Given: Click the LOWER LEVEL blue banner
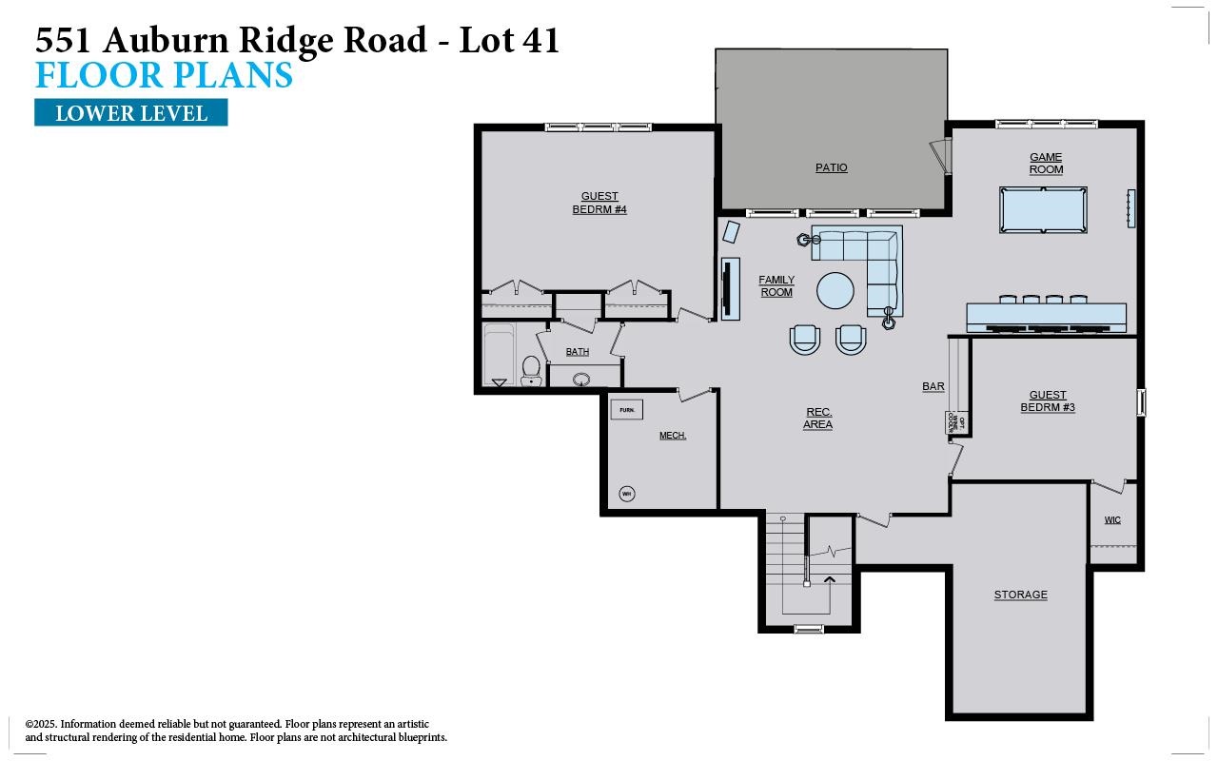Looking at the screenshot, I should [x=131, y=113].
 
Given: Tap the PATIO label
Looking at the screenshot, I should [x=831, y=167].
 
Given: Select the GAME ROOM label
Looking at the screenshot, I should [x=1046, y=164].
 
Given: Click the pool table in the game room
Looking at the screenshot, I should [x=1043, y=210].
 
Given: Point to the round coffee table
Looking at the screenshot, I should [x=835, y=290].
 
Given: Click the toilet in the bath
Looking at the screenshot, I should [x=531, y=368].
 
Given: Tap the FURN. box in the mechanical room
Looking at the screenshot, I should [x=626, y=410].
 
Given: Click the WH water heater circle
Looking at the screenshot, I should [x=626, y=493].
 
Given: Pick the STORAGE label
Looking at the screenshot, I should [x=1020, y=595].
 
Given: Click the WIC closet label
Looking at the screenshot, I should [x=1112, y=520].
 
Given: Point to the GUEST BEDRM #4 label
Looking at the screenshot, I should [x=599, y=203].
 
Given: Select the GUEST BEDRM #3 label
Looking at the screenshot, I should [x=1048, y=401].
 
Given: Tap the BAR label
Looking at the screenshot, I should [x=933, y=386].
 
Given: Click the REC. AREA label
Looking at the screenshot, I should [x=817, y=419].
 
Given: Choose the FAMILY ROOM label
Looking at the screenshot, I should [x=776, y=286].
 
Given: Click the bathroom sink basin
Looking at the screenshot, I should [x=581, y=380].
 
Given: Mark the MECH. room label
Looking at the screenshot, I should [x=673, y=436].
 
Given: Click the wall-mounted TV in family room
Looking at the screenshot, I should [x=730, y=289].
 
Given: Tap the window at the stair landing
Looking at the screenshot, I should [x=808, y=629].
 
